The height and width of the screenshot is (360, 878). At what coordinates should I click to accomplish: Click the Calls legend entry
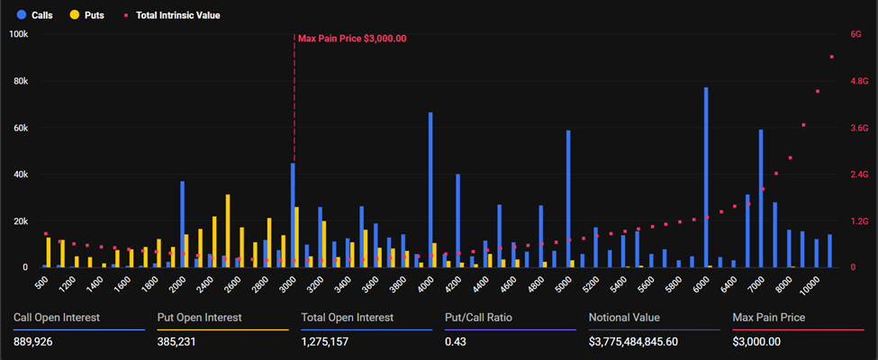[x=34, y=15]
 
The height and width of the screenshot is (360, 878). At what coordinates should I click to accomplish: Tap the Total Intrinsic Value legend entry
[x=171, y=15]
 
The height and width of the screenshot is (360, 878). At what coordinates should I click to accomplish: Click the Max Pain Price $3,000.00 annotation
[x=352, y=39]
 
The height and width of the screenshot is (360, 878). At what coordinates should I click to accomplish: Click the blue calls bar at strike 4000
[x=430, y=190]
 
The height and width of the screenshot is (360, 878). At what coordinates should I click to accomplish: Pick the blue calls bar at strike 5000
[x=568, y=199]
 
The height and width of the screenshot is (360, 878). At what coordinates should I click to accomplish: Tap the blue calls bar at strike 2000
[x=182, y=224]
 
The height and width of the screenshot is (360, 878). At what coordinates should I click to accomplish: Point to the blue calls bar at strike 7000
[x=761, y=198]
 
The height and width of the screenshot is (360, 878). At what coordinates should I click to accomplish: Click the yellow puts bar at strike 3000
[x=297, y=237]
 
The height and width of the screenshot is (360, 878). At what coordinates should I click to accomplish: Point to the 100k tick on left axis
[x=18, y=34]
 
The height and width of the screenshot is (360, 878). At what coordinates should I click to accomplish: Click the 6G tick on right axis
[x=855, y=34]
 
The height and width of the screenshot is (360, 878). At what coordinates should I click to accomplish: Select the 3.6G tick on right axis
[x=858, y=128]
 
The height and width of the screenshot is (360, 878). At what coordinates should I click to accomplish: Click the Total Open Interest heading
[x=347, y=318]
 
